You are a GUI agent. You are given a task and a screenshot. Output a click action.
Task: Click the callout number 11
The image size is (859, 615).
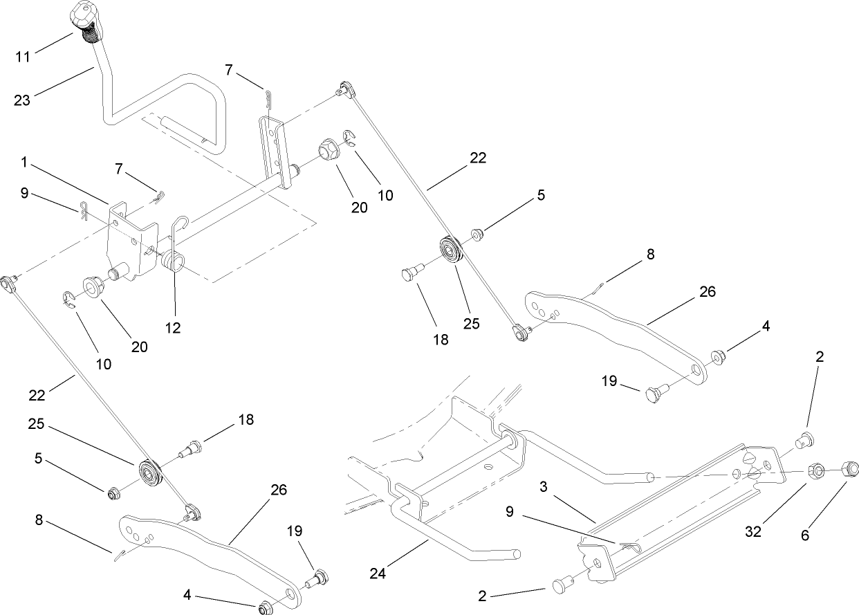pos(23,56)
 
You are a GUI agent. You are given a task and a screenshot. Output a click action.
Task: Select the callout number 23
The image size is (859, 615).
pos(23,100)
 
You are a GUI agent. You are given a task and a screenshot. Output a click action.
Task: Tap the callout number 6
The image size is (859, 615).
pos(824,535)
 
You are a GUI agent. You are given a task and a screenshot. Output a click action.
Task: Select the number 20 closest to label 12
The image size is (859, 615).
pos(140,347)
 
